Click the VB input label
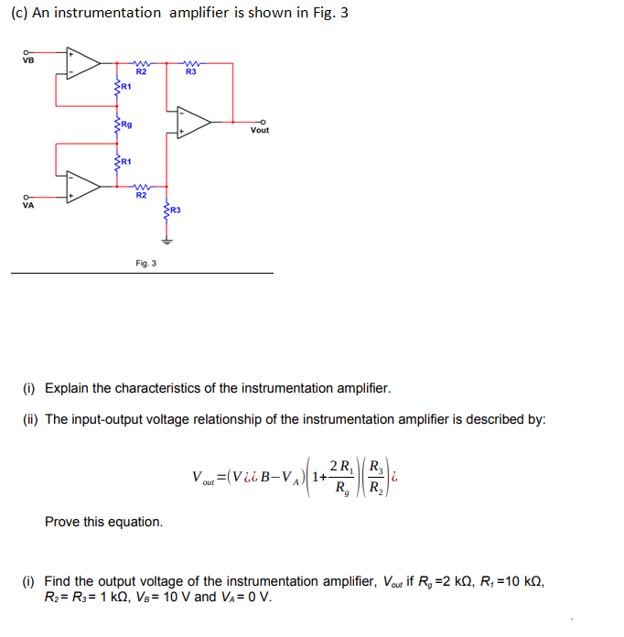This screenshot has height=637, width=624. pyautogui.click(x=27, y=61)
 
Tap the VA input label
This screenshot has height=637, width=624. pyautogui.click(x=27, y=205)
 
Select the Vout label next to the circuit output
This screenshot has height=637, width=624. pyautogui.click(x=260, y=130)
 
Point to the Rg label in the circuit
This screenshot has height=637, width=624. pyautogui.click(x=126, y=124)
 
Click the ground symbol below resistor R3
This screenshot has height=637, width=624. pyautogui.click(x=166, y=242)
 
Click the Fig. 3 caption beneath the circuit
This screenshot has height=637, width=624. pyautogui.click(x=145, y=264)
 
